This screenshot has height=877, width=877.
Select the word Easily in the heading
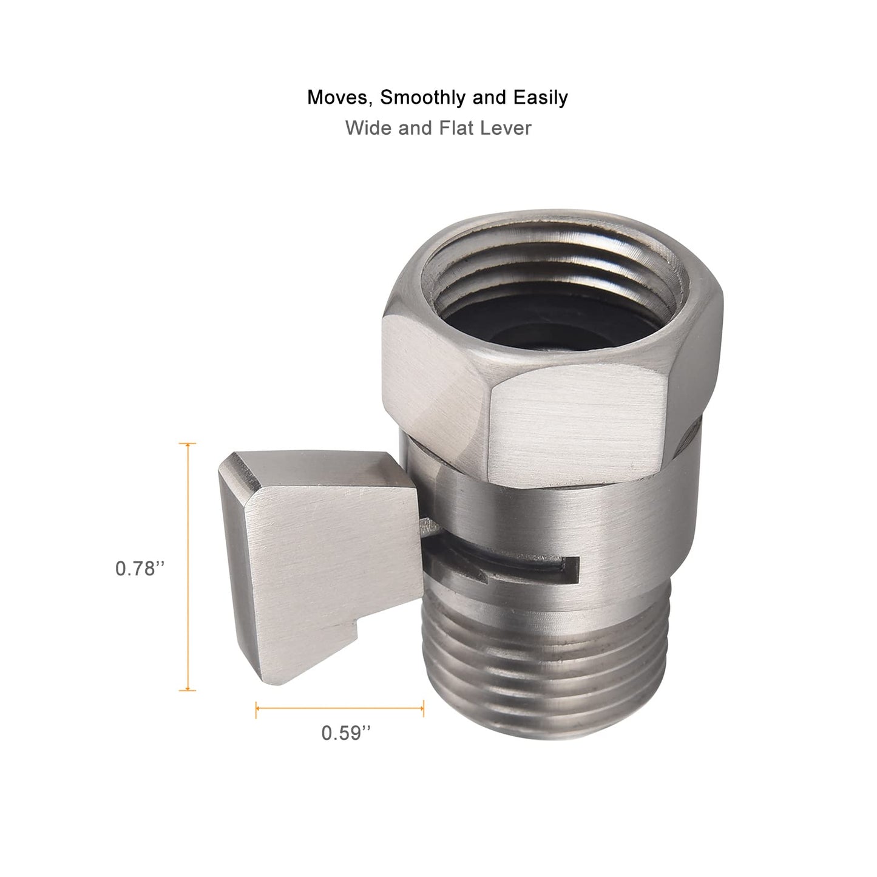click(541, 98)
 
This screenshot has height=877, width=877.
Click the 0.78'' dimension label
click(140, 569)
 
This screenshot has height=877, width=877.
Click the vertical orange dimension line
click(188, 567)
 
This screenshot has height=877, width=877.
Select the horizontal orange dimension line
click(340, 708)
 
